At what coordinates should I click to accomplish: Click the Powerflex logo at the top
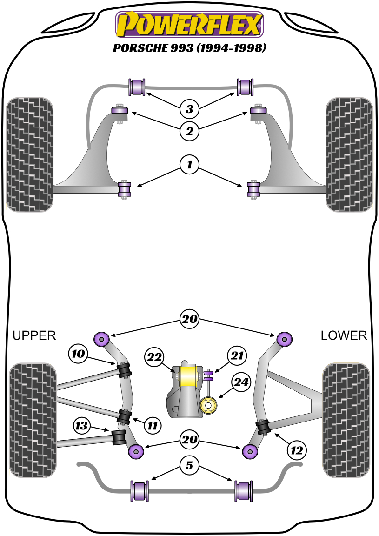189,24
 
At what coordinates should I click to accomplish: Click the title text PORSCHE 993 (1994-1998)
189,48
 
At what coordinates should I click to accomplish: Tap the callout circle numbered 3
189,109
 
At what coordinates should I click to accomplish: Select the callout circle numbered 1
189,164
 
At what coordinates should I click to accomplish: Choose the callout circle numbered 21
237,356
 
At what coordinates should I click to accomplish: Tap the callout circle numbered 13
82,425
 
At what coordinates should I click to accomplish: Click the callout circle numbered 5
189,465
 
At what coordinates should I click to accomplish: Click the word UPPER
34,335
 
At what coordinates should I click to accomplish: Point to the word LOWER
344,335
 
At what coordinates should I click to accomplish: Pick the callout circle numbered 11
152,424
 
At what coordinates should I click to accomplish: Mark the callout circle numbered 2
189,131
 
